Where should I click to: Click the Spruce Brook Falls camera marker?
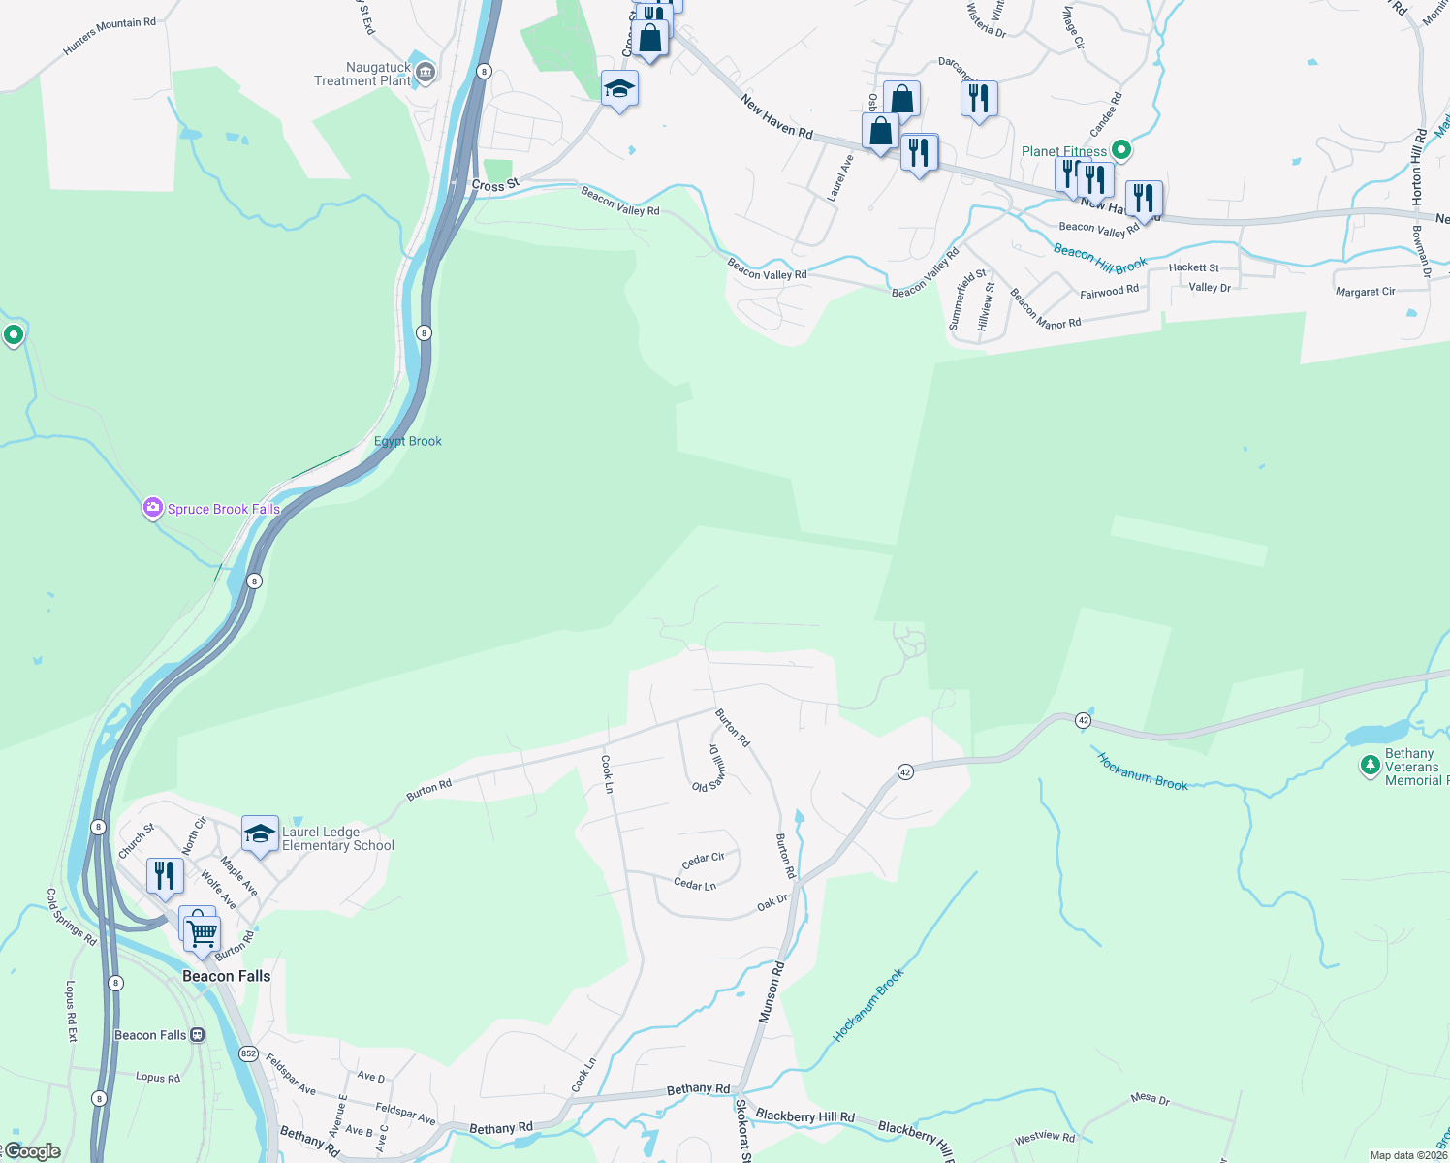click(152, 508)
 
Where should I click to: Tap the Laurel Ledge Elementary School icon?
click(260, 833)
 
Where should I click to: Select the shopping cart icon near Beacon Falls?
click(203, 934)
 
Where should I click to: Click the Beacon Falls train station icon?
click(198, 1035)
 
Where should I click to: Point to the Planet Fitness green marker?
click(1121, 150)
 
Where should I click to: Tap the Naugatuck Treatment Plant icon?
click(425, 73)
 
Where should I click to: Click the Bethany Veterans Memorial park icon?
click(1370, 766)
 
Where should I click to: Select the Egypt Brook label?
click(408, 441)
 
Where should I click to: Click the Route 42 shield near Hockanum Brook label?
click(1084, 720)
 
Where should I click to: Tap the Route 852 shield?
click(249, 1053)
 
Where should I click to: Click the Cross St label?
click(495, 184)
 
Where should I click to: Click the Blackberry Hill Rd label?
click(804, 1116)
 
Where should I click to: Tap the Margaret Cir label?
click(1365, 292)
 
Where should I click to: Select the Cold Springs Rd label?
click(72, 917)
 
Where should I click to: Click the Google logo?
click(32, 1151)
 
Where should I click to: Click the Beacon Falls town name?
click(227, 976)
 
